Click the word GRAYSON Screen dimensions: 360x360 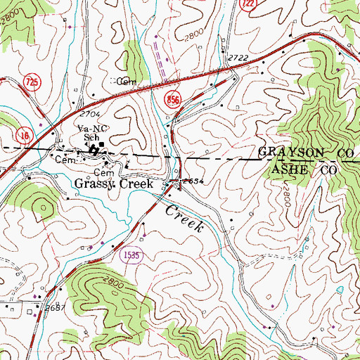(x=285, y=153)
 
